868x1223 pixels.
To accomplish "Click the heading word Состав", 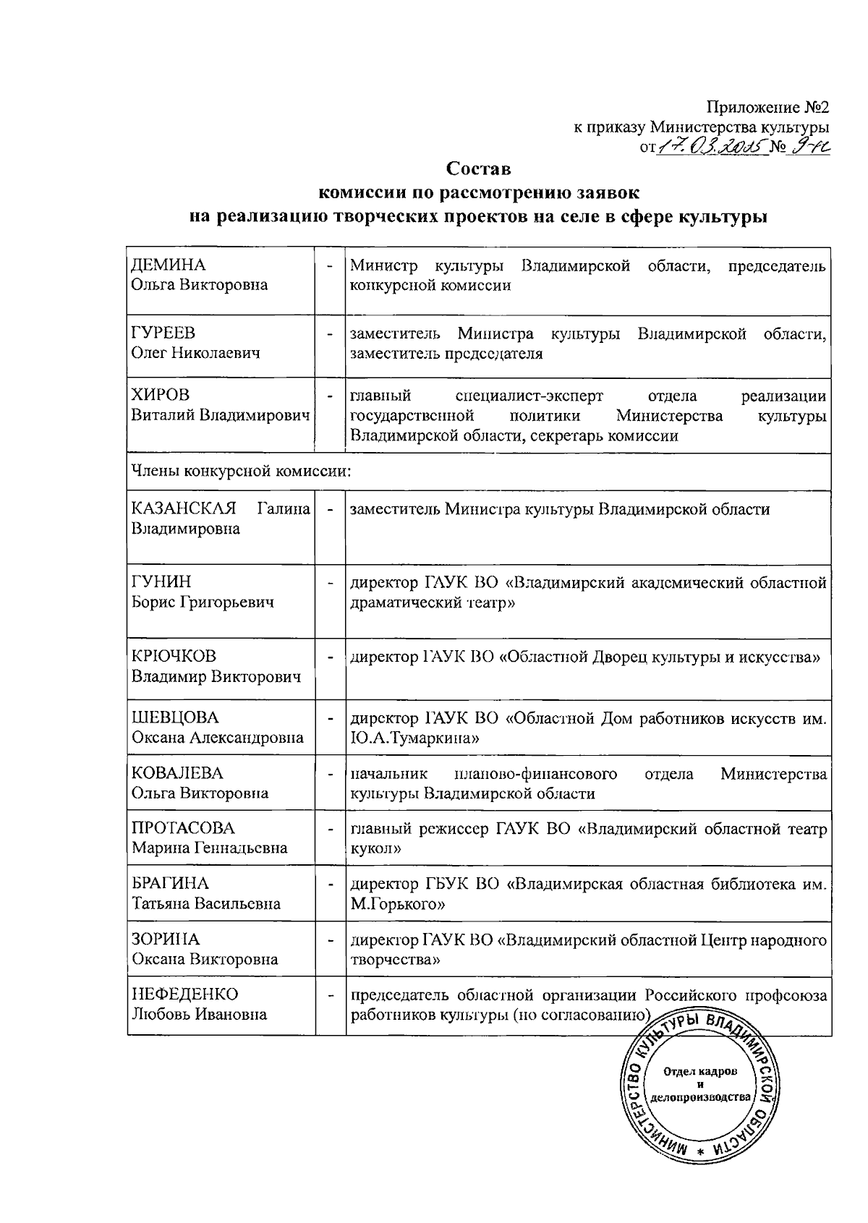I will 478,169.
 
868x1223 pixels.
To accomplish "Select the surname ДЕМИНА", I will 169,265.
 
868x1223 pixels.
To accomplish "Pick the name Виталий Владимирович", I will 220,416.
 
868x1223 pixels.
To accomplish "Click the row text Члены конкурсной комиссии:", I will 241,472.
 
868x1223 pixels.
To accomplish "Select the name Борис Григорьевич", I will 203,602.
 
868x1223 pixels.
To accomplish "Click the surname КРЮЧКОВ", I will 174,657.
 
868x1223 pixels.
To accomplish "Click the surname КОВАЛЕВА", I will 177,773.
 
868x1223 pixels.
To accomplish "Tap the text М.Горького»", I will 397,904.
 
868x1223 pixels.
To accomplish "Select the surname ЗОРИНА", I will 166,939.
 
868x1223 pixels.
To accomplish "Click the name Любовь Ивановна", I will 199,1014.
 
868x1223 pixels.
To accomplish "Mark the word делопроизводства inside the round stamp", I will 700,1097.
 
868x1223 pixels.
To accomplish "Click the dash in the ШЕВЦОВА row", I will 330,719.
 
